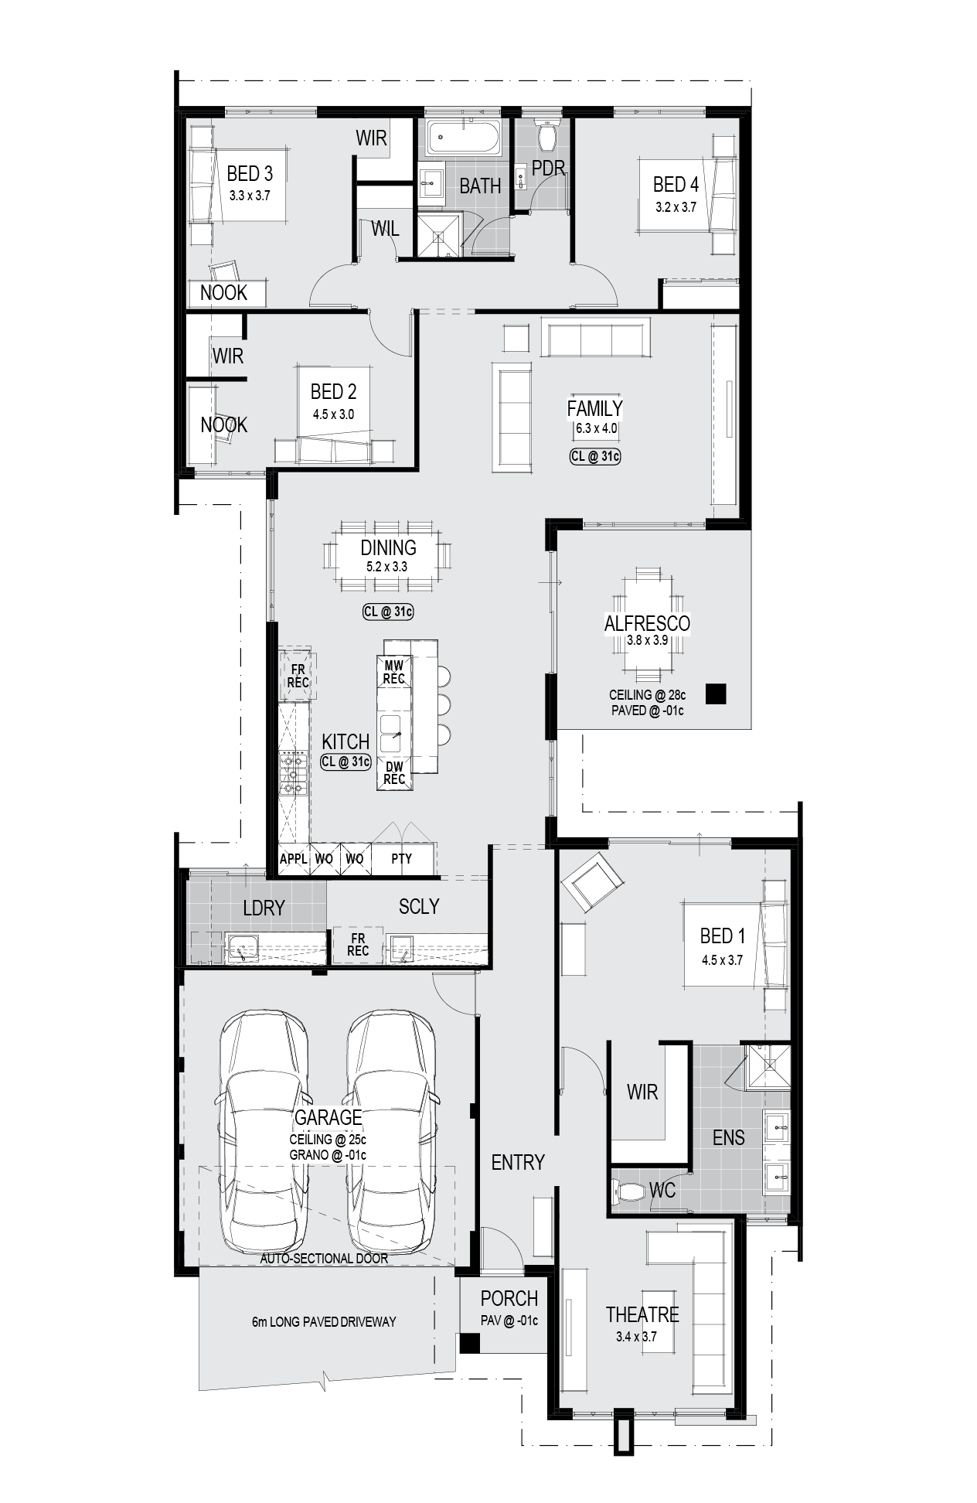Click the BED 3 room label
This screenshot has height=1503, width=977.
pyautogui.click(x=249, y=174)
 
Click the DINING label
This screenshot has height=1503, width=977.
pyautogui.click(x=388, y=548)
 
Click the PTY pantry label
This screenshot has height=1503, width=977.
pyautogui.click(x=402, y=858)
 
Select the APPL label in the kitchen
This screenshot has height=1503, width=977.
pyautogui.click(x=294, y=858)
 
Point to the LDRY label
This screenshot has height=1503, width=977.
pyautogui.click(x=264, y=908)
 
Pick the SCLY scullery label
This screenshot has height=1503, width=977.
pyautogui.click(x=419, y=906)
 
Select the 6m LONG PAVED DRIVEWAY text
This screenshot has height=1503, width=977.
pyautogui.click(x=324, y=1321)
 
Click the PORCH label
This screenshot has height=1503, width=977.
pyautogui.click(x=509, y=1298)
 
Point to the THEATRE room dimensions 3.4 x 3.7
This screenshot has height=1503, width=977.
pyautogui.click(x=636, y=1337)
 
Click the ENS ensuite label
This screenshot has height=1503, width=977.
pyautogui.click(x=729, y=1137)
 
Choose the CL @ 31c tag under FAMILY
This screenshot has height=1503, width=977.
pyautogui.click(x=595, y=456)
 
